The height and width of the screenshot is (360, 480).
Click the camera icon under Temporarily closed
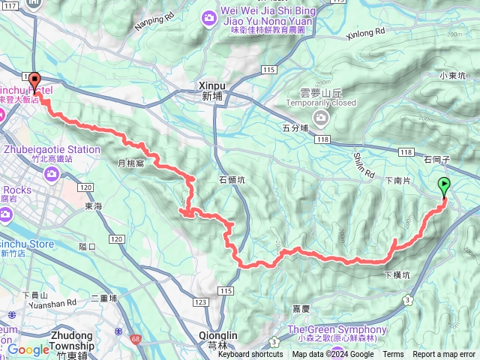tap(321, 117)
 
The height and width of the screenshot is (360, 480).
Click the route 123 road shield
tap(199, 301)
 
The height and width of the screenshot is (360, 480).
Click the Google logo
tap(28, 349)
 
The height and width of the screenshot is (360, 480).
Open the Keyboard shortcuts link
tap(250, 355)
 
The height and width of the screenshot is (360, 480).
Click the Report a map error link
tap(444, 355)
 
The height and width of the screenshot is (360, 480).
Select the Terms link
tap(393, 355)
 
